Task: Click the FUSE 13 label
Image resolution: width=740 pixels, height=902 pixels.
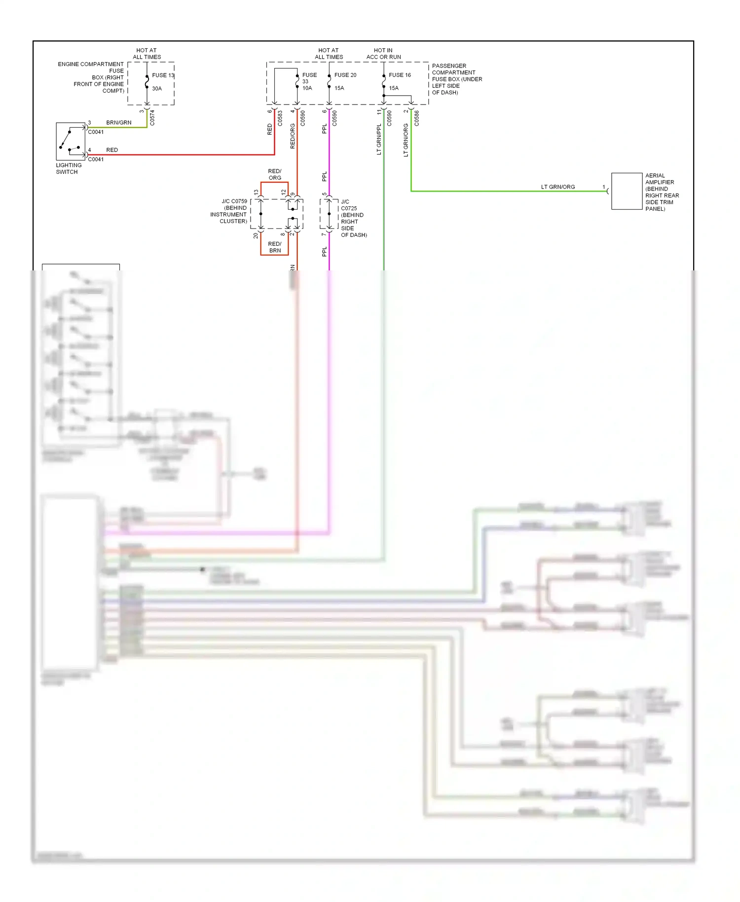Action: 163,75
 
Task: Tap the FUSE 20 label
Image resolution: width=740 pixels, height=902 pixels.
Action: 345,75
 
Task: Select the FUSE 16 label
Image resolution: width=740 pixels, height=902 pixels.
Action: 400,75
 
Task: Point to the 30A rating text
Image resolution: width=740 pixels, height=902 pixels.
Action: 157,89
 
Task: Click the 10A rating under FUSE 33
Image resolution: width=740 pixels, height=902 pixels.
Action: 307,88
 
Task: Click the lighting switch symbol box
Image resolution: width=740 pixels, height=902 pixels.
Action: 71,141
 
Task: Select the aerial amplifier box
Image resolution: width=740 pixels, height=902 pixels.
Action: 627,191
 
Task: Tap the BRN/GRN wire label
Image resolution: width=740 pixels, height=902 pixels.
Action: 118,123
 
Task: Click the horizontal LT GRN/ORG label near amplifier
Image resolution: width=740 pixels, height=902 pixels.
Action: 557,187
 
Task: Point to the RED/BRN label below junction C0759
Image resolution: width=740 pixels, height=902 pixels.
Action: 275,247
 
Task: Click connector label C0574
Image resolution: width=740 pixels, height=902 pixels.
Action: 152,118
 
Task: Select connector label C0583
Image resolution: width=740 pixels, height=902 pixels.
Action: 280,118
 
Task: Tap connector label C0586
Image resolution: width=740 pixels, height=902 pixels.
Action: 417,118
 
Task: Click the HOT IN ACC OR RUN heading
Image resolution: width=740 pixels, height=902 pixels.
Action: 383,54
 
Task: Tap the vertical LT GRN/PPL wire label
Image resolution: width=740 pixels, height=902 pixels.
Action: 379,140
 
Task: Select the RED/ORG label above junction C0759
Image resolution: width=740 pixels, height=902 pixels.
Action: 275,175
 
